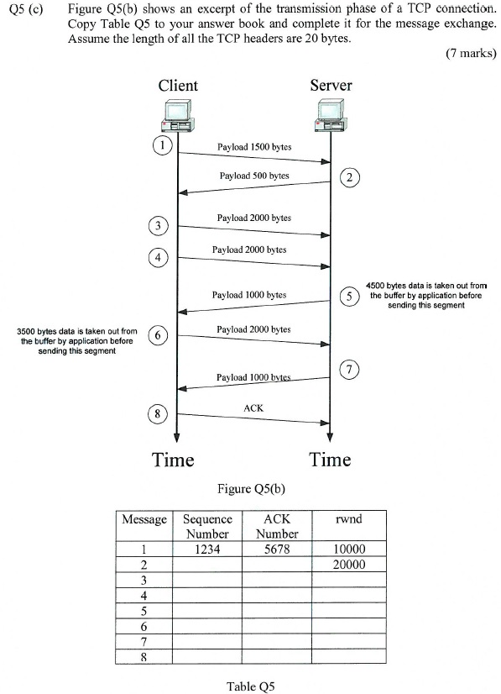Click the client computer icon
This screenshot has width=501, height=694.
(178, 116)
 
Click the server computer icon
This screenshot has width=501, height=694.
(331, 116)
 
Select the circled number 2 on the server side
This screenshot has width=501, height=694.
(350, 176)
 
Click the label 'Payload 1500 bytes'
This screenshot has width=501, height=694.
(254, 147)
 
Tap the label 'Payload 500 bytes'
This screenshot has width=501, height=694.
(254, 176)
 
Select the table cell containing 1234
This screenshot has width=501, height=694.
(207, 549)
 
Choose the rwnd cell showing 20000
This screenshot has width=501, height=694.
(348, 565)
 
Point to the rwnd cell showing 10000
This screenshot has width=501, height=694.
(348, 549)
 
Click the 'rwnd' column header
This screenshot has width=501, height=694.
(348, 520)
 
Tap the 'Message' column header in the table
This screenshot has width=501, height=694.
(144, 520)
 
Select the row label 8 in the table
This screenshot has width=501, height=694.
(144, 658)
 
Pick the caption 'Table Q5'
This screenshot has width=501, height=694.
(250, 686)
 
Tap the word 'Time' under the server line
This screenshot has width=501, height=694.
(330, 460)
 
